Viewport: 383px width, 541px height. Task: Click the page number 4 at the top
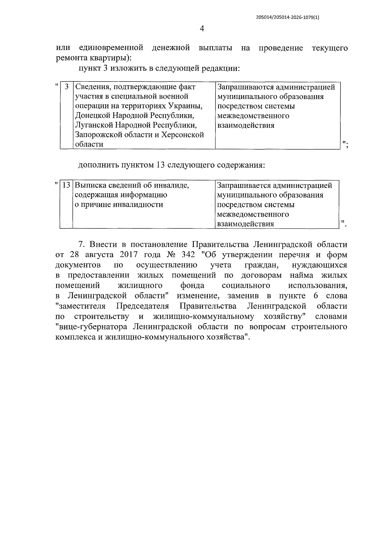[x=202, y=29]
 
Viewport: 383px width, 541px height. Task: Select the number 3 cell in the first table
[x=67, y=87]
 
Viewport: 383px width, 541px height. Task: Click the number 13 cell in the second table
[x=66, y=185]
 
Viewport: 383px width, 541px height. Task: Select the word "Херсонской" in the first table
[x=183, y=135]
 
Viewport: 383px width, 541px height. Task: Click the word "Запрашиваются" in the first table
[x=244, y=87]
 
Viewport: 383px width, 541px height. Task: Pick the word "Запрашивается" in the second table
[x=244, y=185]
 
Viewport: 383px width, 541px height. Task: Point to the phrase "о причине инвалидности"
[x=119, y=205]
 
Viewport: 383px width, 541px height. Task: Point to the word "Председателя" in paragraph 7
[x=142, y=306]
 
